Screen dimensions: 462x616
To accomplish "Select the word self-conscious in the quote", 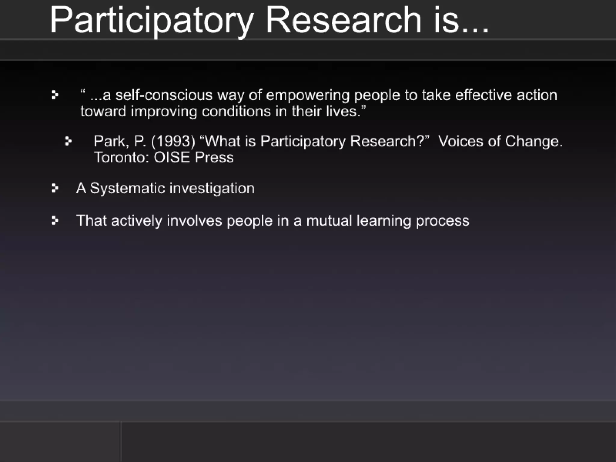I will (x=164, y=95).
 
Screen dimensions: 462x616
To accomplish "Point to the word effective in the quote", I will (x=483, y=95).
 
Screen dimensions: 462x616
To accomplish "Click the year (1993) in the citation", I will (x=173, y=141).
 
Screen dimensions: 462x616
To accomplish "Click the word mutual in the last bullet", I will (x=329, y=221).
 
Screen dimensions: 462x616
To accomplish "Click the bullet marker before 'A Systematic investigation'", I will (x=55, y=188).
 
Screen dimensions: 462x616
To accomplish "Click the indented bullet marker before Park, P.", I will (x=68, y=141).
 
